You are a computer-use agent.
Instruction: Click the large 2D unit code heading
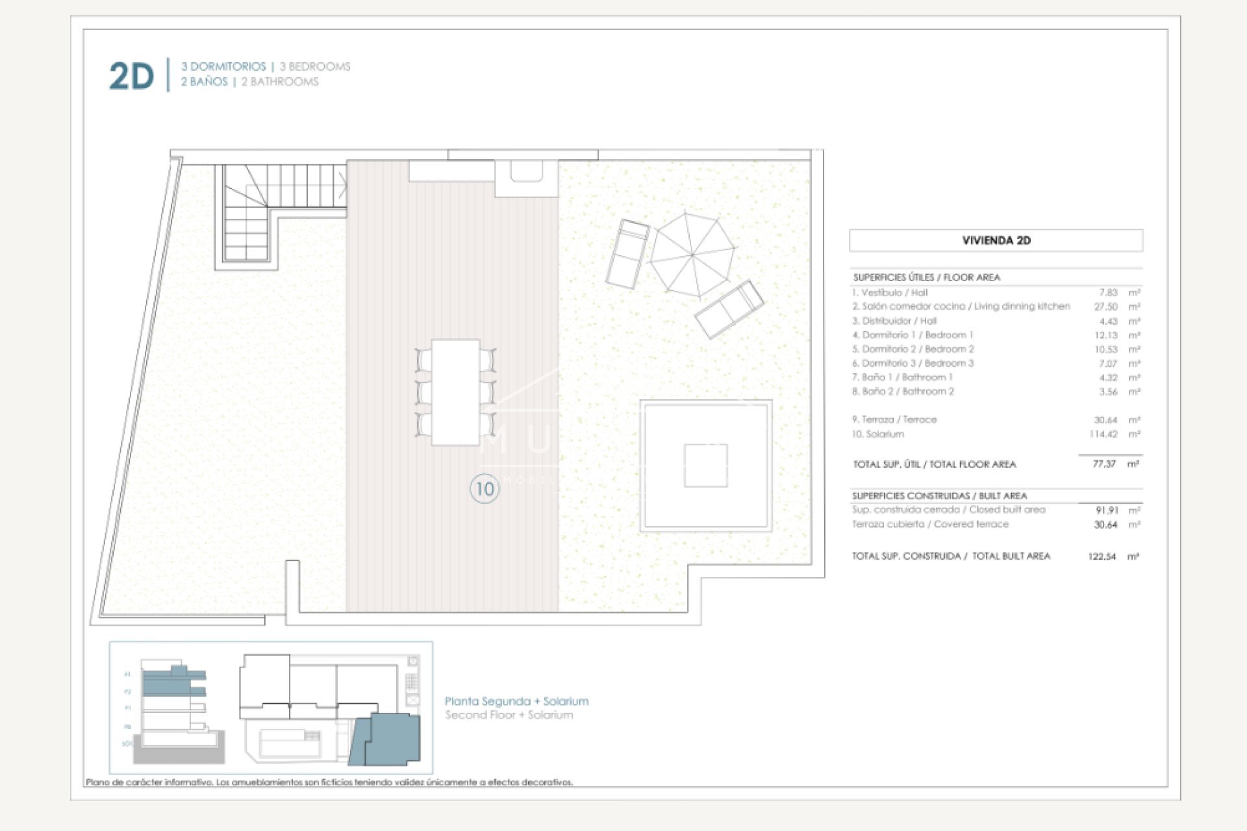click(132, 76)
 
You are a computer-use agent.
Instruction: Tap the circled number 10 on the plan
click(485, 489)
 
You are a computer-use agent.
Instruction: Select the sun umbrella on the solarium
click(692, 254)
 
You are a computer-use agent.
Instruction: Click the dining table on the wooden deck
click(455, 391)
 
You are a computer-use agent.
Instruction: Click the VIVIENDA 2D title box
click(996, 240)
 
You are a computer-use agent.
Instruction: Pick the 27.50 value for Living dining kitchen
click(1105, 306)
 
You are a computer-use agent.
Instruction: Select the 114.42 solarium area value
click(1103, 434)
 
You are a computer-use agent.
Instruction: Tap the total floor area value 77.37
click(1103, 464)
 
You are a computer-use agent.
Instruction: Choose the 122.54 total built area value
click(1102, 556)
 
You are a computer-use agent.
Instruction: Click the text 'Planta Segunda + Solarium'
click(516, 701)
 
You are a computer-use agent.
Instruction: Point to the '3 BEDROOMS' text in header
click(315, 66)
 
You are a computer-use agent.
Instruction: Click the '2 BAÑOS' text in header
click(204, 82)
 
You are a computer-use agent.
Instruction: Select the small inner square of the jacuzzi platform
click(705, 465)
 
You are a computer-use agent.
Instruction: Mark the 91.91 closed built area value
click(1106, 510)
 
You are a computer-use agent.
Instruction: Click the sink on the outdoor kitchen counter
click(526, 171)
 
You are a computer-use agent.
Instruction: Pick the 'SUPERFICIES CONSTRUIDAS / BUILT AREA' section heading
click(939, 495)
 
